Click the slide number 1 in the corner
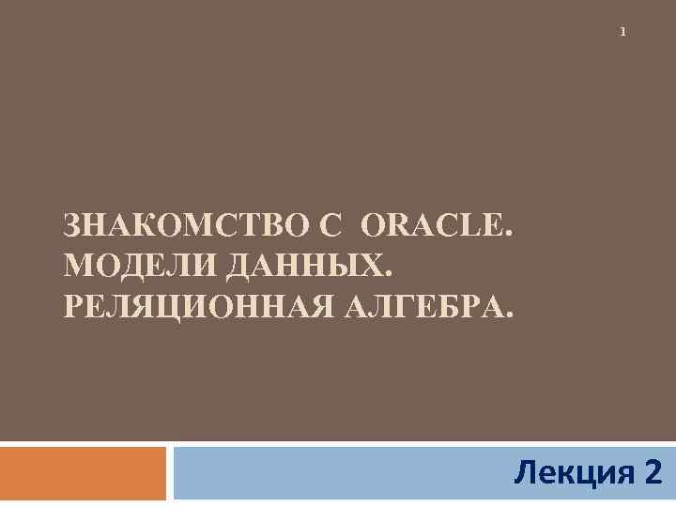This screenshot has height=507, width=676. click(622, 33)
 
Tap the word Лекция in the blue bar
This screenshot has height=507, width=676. click(572, 471)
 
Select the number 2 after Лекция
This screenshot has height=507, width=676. click(653, 471)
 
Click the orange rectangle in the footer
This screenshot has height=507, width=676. click(83, 473)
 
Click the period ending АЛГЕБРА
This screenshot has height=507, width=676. click(510, 314)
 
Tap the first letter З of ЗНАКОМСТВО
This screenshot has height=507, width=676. click(72, 226)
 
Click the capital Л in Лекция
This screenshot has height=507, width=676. click(526, 471)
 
